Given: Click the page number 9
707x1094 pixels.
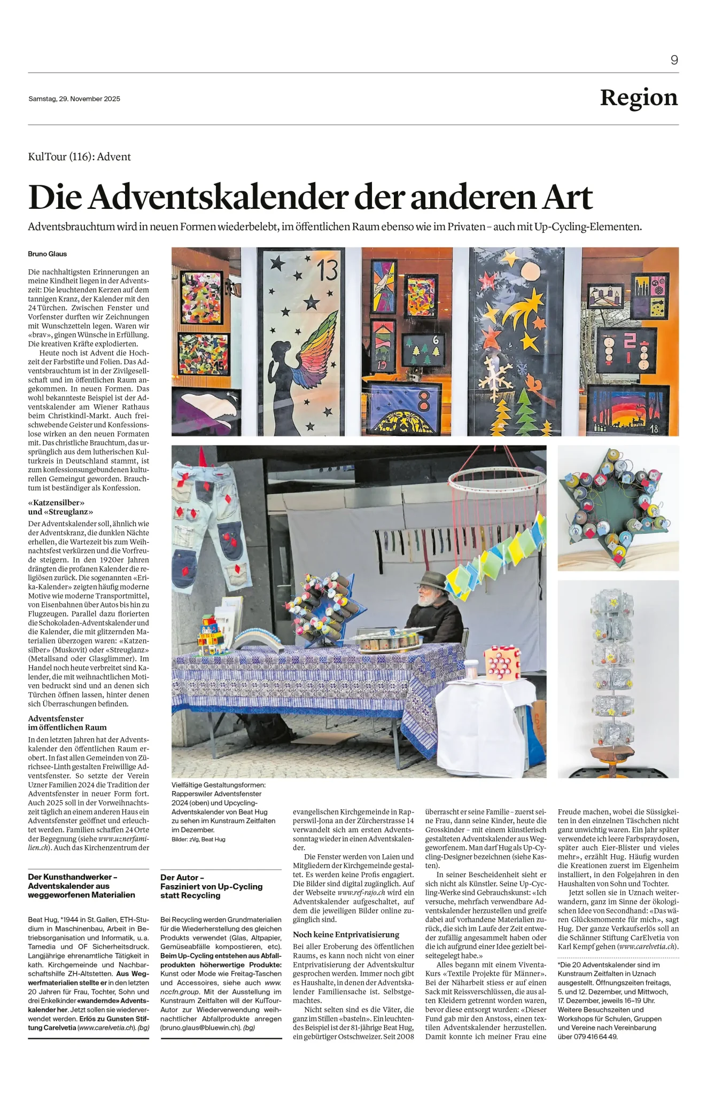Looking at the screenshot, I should pos(674,60).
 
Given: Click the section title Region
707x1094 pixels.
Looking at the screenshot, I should pos(639,98).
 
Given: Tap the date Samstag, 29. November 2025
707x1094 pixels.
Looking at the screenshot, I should pos(74,99).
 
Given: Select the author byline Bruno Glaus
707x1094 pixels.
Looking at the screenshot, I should pos(48,254).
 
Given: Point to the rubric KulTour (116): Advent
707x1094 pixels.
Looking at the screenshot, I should pos(79,157).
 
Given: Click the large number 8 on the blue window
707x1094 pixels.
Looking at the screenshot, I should pos(423,402).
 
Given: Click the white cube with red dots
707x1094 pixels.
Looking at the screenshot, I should pos(502,663).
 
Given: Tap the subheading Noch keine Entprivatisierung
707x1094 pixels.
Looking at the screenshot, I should pos(346,934).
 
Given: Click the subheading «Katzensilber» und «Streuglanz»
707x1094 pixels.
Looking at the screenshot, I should pos(56,507).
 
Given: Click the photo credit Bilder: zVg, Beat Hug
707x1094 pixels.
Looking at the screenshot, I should pos(198,839).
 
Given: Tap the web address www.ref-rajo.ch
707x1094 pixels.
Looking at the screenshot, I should pos(361,892).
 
